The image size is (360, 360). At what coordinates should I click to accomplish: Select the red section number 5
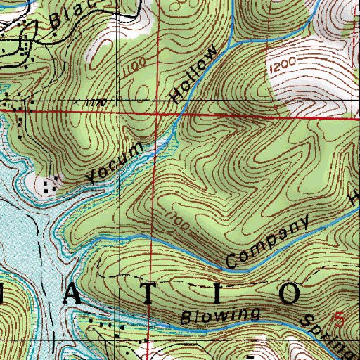point(341,319)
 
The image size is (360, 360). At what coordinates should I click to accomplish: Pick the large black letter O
point(290,292)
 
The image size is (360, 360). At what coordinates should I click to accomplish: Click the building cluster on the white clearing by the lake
point(49,186)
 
